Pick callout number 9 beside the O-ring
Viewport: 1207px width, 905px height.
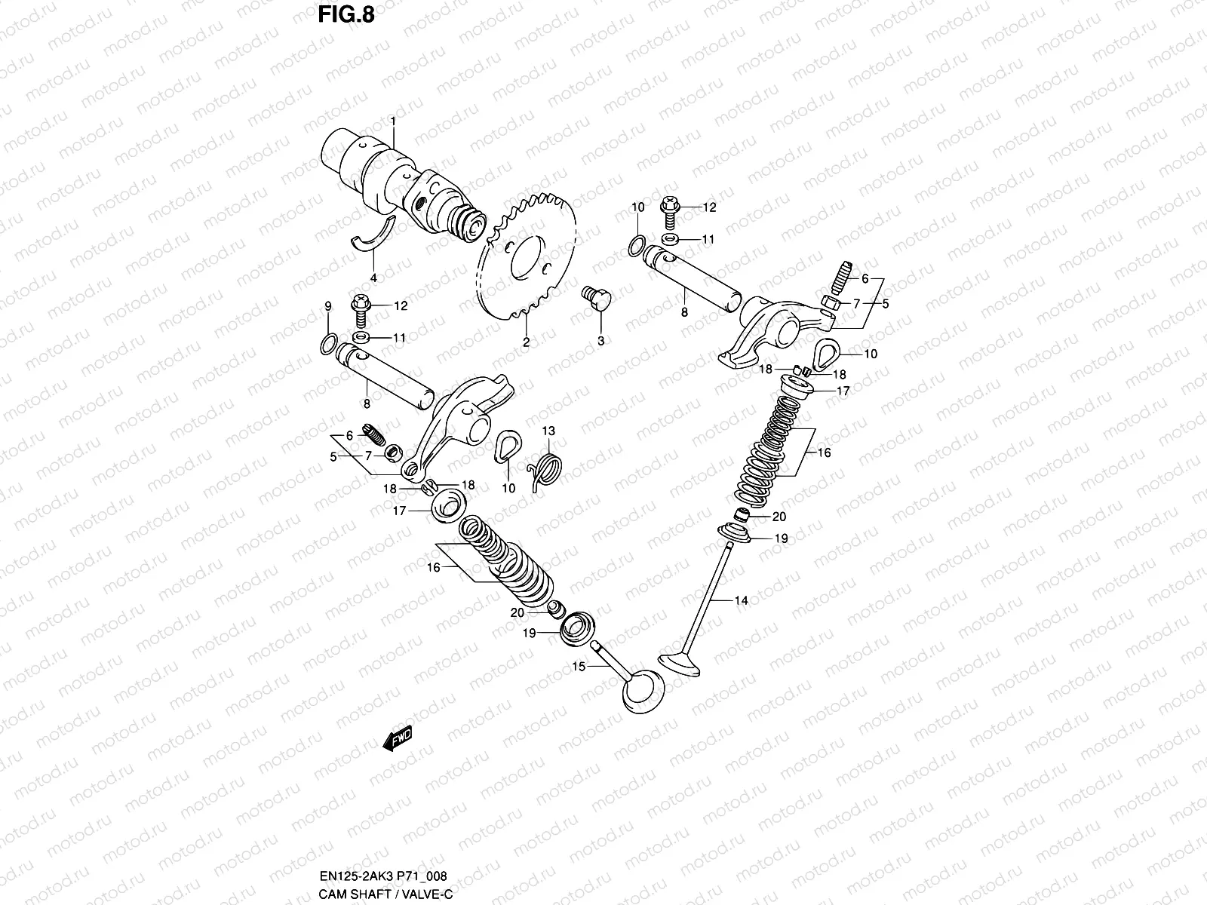pos(328,306)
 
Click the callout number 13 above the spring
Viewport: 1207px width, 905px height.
pos(548,431)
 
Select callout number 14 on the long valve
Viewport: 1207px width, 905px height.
pos(741,600)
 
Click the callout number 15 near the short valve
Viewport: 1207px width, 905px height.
pos(579,667)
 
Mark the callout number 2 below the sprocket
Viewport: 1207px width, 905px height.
pos(526,342)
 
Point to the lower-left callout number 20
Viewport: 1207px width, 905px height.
pos(517,613)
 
